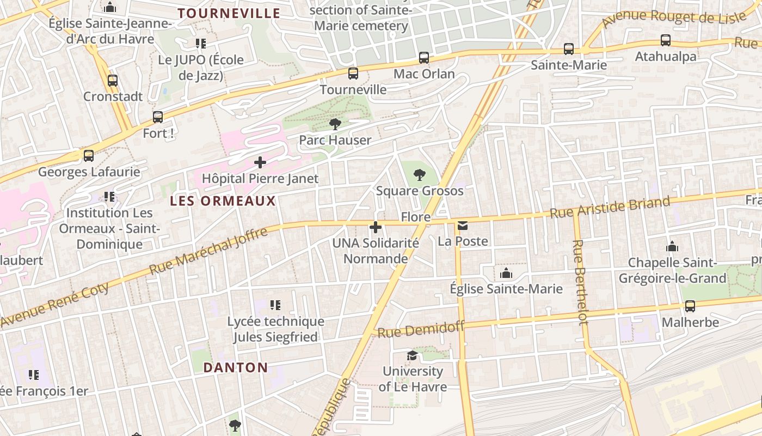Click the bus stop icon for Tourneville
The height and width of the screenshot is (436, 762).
point(353,73)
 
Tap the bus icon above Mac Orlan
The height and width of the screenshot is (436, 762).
point(424,57)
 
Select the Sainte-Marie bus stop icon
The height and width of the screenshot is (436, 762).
point(569,49)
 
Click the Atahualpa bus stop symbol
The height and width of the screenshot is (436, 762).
point(666,40)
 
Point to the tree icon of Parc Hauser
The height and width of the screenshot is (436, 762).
point(335,124)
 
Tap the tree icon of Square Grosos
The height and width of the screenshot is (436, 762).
point(420,175)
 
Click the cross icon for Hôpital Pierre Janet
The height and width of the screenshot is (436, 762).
point(260,162)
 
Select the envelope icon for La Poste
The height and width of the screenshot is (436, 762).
point(463,226)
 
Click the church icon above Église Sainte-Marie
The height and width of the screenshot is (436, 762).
point(506,273)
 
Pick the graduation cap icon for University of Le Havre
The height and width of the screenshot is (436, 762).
point(413,356)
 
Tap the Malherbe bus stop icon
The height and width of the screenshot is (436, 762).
point(690,306)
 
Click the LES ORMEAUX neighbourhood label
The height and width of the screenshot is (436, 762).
point(223,201)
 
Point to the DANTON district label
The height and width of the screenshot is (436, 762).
point(236,368)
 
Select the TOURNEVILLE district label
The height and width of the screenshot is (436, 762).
point(229,14)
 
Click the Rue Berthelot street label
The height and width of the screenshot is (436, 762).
point(581,282)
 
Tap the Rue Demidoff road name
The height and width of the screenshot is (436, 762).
point(421,329)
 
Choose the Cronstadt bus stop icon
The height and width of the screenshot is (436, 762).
point(113,81)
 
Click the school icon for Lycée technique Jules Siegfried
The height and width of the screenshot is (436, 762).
point(275,305)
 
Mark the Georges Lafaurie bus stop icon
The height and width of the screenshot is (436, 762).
point(89,156)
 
